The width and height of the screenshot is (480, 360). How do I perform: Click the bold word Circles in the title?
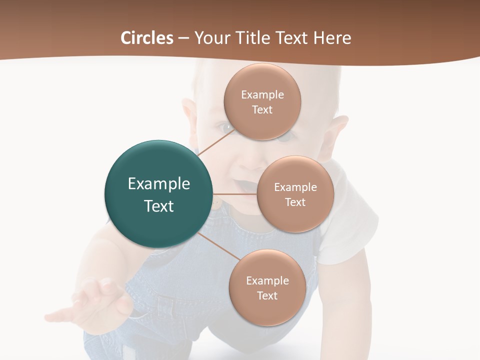pos(146,38)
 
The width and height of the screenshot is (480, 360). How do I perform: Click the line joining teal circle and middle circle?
pos(235,194)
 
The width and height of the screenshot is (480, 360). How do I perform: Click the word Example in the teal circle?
pos(159,184)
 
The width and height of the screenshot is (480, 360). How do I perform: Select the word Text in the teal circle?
pos(159,206)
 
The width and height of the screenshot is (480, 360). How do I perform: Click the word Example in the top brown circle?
pos(262,94)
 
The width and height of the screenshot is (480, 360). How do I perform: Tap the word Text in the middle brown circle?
pos(295,202)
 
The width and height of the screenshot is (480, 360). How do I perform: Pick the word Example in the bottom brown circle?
pos(267,280)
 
